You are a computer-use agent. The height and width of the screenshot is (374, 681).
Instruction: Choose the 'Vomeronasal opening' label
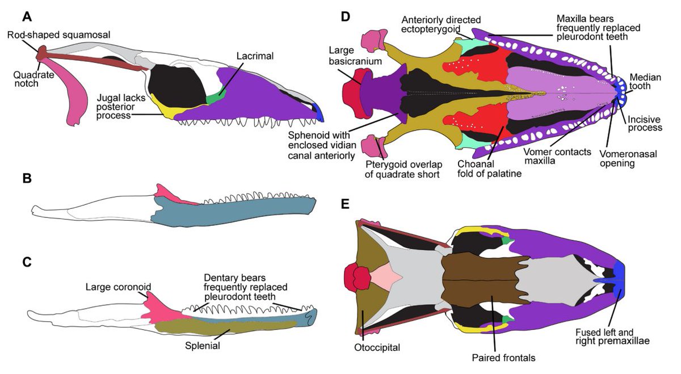click(x=621, y=158)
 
